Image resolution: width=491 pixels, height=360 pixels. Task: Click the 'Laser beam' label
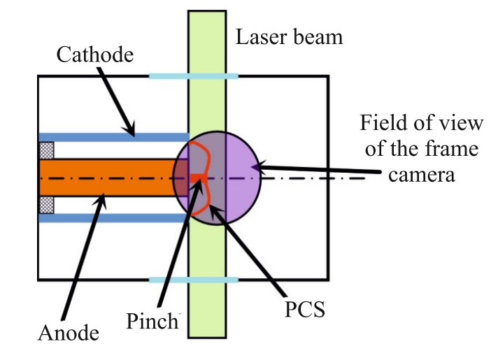[290, 36]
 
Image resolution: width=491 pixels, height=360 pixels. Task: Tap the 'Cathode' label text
[94, 53]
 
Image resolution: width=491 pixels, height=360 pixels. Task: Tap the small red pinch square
[195, 178]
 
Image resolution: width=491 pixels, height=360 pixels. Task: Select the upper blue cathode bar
[113, 136]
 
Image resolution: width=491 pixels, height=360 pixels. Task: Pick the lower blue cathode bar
[113, 218]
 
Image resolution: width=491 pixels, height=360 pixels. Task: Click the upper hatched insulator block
[46, 150]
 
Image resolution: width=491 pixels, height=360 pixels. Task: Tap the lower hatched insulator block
[46, 205]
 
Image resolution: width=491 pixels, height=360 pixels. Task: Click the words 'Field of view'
[421, 124]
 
